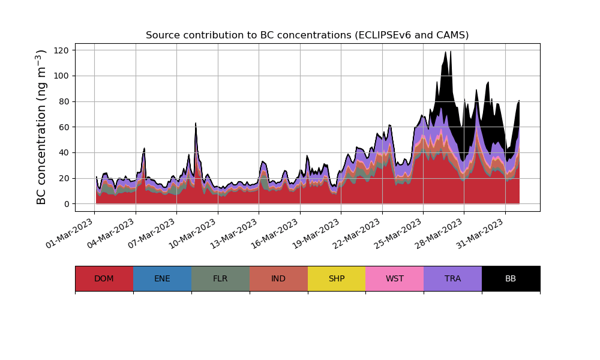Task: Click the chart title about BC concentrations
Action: (307, 35)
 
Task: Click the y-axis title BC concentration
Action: (41, 127)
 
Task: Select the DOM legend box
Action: (104, 278)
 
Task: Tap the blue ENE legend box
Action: (162, 278)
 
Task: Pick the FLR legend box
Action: (220, 278)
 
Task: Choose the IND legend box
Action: (278, 278)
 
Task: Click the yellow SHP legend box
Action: (337, 278)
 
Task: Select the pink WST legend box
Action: (395, 278)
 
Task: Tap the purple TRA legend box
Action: (453, 278)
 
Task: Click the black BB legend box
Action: (511, 278)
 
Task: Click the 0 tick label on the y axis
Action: (67, 204)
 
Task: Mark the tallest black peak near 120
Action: (446, 52)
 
